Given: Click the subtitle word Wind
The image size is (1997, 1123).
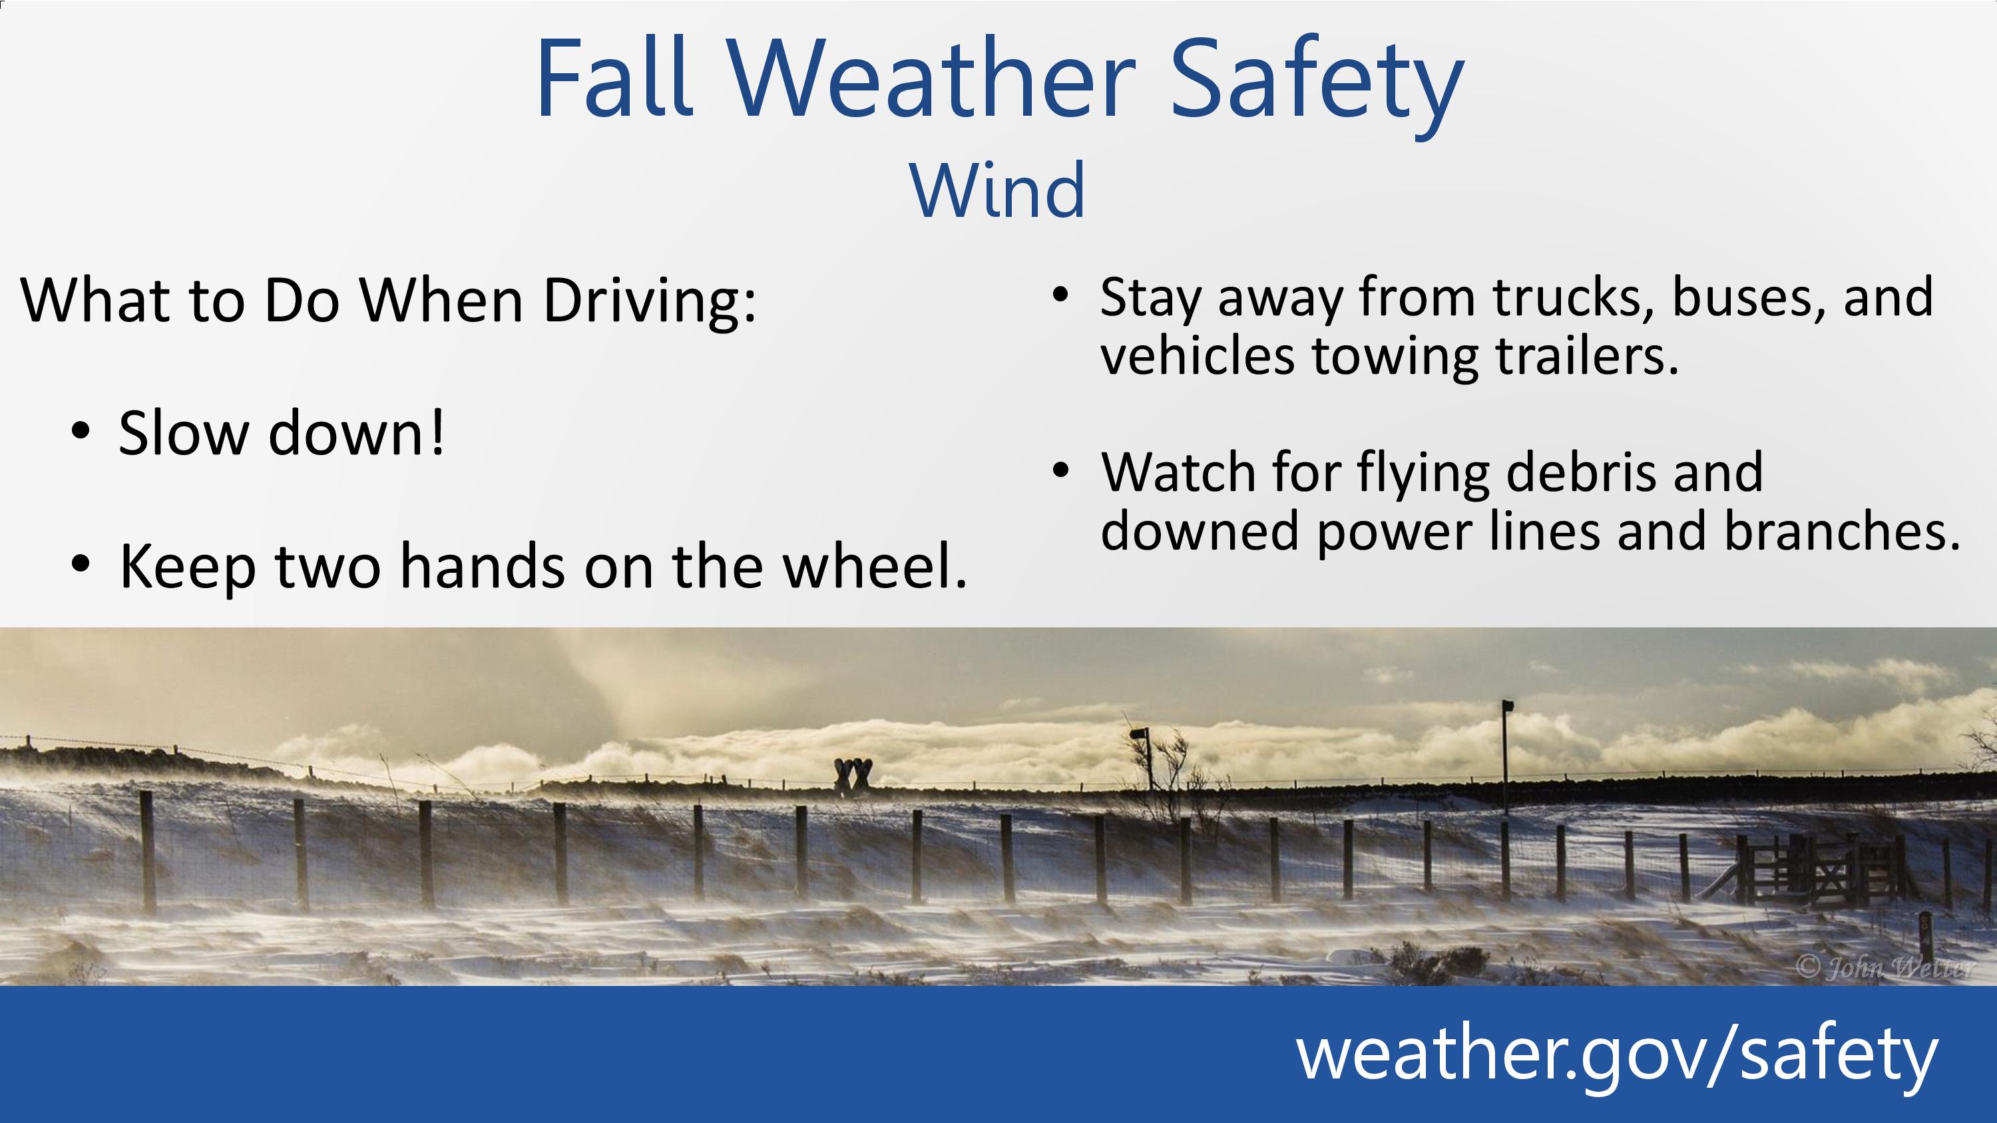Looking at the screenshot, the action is pos(998,190).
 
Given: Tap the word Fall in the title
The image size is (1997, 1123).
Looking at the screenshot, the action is pos(613,79).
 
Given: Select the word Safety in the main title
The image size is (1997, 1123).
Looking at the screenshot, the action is pos(1315,85).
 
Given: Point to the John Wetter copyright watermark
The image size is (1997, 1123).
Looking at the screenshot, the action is pos(1885,968).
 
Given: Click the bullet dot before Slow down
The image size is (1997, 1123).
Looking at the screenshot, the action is pos(80,432).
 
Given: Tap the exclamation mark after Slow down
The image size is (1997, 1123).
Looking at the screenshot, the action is pos(437,432).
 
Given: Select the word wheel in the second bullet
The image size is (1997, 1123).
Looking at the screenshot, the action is pos(875,565).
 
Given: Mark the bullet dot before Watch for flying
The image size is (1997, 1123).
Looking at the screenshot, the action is pos(1060,470).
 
